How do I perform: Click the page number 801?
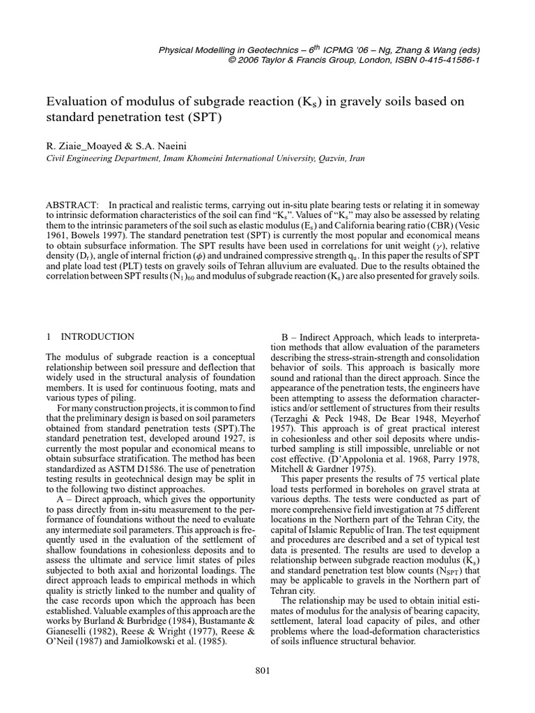click(263, 670)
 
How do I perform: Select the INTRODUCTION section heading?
click(98, 336)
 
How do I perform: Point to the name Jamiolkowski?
click(165, 642)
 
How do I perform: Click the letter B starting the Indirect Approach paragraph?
click(284, 336)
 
